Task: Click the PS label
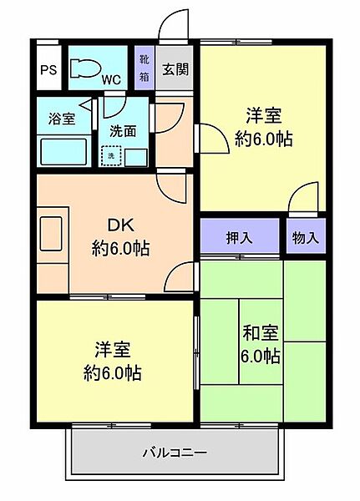[x=48, y=71]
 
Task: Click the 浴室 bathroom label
[x=62, y=119]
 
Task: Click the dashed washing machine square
[x=111, y=155]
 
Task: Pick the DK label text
[x=118, y=225]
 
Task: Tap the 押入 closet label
[x=239, y=238]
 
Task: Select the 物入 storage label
[x=306, y=238]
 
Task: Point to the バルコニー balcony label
[x=174, y=453]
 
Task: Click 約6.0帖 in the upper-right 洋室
[x=263, y=139]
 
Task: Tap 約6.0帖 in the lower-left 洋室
[x=111, y=372]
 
